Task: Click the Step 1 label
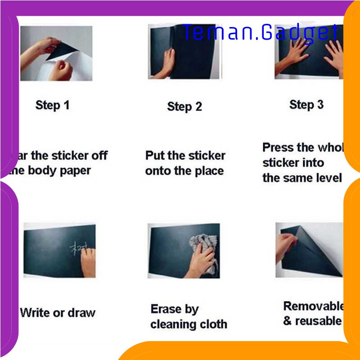(52, 106)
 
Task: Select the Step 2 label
(184, 107)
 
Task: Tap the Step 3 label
(306, 105)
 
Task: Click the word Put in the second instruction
(155, 156)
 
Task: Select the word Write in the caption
(35, 312)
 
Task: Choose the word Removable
(313, 306)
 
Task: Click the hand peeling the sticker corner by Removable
(285, 243)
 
